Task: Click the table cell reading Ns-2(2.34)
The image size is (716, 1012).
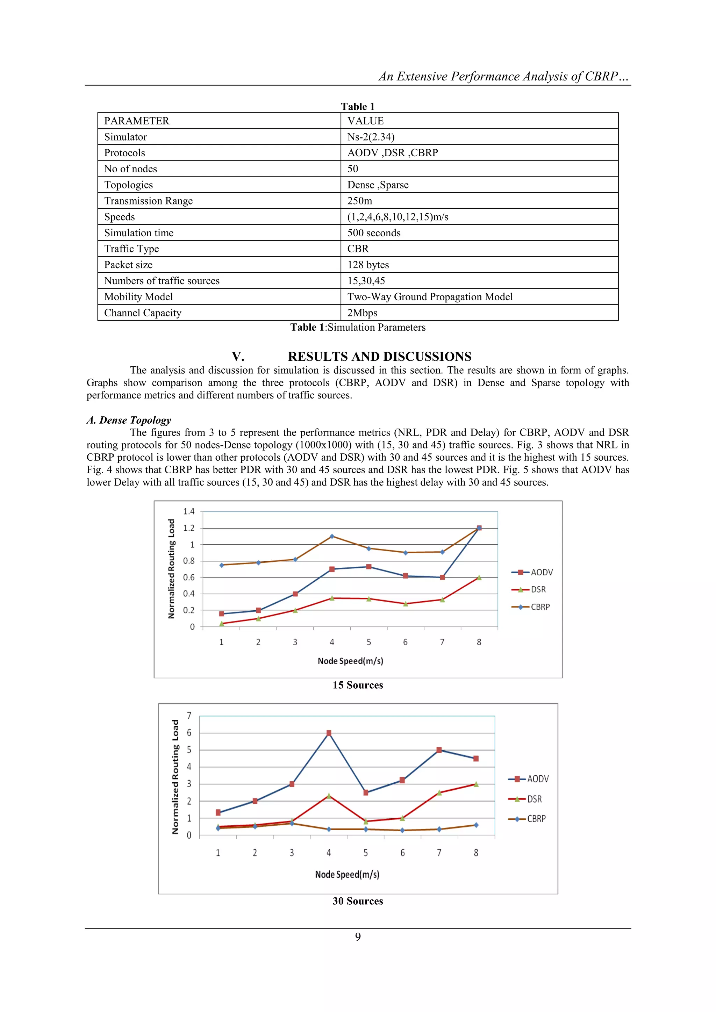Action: click(x=371, y=137)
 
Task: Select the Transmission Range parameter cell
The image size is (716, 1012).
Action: click(x=148, y=201)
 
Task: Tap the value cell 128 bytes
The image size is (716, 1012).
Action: click(x=368, y=265)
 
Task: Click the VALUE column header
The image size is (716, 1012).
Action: click(x=365, y=121)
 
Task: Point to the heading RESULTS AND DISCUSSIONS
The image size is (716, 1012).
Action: click(x=379, y=357)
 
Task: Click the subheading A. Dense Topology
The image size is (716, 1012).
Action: click(x=129, y=420)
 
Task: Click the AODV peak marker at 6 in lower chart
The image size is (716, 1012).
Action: click(x=329, y=733)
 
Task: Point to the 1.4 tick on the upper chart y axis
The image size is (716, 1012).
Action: click(x=189, y=511)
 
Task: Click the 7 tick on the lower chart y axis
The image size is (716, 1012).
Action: click(x=189, y=715)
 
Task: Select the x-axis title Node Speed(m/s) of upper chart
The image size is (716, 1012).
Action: click(x=351, y=661)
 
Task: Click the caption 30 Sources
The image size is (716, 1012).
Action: click(x=358, y=901)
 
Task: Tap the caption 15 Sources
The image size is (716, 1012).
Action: click(x=358, y=685)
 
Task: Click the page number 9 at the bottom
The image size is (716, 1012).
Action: click(x=358, y=936)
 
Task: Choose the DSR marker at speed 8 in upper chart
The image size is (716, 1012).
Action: click(x=479, y=577)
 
